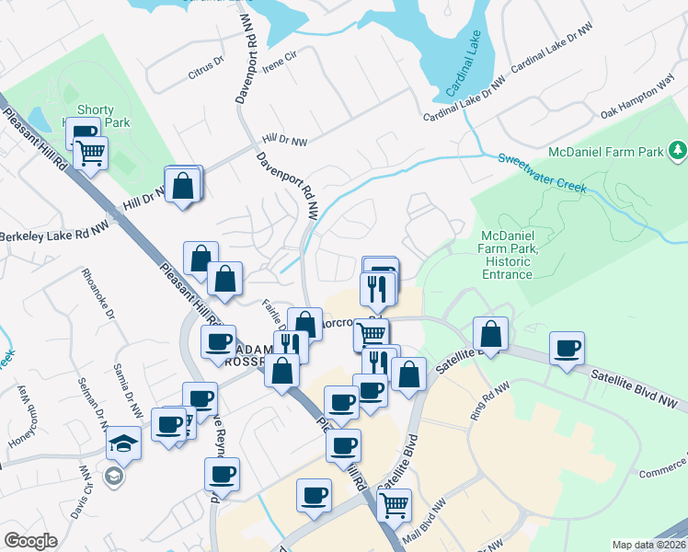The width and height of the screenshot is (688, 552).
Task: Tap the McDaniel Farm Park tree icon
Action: pyautogui.click(x=678, y=149)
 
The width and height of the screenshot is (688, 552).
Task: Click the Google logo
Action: pyautogui.click(x=30, y=541)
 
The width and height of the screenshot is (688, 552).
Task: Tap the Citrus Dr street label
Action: pyautogui.click(x=206, y=63)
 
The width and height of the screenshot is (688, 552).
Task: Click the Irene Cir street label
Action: pyautogui.click(x=280, y=56)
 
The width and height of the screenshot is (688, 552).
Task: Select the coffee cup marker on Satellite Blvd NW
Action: pyautogui.click(x=567, y=350)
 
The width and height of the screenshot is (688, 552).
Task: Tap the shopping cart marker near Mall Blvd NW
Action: pyautogui.click(x=394, y=504)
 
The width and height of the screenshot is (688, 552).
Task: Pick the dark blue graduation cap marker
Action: pyautogui.click(x=123, y=444)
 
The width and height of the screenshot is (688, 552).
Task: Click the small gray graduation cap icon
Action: pyautogui.click(x=113, y=476)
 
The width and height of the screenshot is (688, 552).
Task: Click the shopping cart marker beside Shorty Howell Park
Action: pyautogui.click(x=90, y=155)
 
